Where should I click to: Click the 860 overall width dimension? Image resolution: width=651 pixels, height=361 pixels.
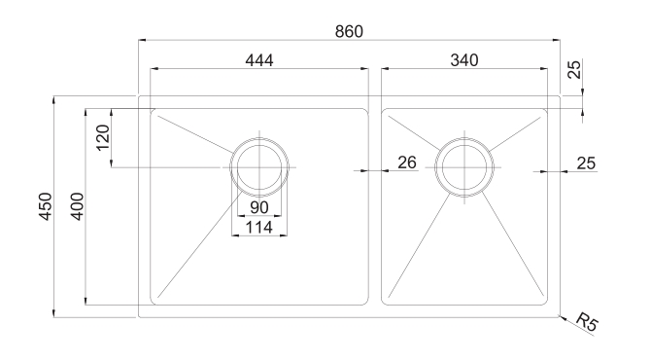pos(349,31)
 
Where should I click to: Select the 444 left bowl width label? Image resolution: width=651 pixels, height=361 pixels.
pos(259,60)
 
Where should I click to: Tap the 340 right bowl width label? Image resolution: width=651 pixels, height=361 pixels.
pos(464,60)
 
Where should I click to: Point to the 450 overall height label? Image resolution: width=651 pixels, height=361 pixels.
pos(46,206)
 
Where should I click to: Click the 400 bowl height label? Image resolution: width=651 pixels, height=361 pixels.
pos(77,206)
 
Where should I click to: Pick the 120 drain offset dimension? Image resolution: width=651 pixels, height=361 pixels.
pos(103,137)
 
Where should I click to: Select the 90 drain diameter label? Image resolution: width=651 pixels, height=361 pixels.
pos(259,207)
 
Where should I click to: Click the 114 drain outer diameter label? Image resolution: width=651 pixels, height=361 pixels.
pos(259,228)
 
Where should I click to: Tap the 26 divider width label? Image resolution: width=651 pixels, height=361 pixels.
pos(407,162)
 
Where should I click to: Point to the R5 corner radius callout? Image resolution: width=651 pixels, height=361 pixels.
pos(588,321)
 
